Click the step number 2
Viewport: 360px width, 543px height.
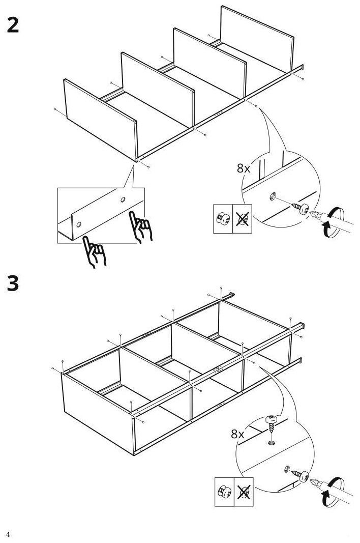click(x=13, y=25)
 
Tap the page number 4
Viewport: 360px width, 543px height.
click(x=8, y=534)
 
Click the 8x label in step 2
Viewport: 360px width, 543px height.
click(x=244, y=168)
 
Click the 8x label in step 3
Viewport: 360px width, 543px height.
click(x=237, y=434)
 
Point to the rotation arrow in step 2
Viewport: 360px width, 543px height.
click(x=333, y=222)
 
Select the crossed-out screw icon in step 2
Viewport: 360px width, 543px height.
click(x=243, y=218)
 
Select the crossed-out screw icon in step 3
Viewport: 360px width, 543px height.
click(x=244, y=492)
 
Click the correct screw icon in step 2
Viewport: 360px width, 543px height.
click(x=223, y=218)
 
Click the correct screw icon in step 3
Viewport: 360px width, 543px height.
click(x=224, y=492)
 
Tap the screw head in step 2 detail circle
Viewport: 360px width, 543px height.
click(x=304, y=209)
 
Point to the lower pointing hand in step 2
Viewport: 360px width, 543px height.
click(x=94, y=252)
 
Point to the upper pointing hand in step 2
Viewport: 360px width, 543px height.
click(x=140, y=227)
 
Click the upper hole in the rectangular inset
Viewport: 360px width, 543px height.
click(x=123, y=200)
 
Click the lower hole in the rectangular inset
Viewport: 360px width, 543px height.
click(x=79, y=225)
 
